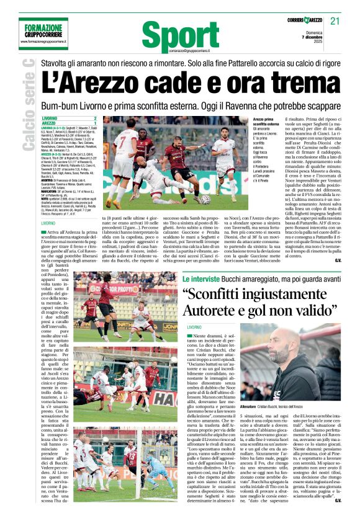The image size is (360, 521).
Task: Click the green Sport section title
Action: (x=180, y=31)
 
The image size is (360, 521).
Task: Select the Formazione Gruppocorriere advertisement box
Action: (x=43, y=33)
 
